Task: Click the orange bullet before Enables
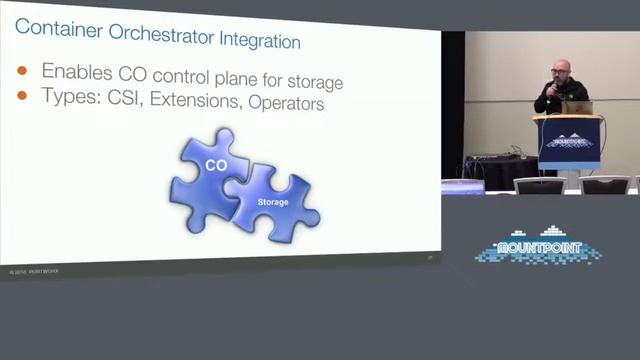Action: [x=22, y=71]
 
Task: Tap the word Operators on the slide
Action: [x=288, y=104]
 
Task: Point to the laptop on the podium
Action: [x=579, y=106]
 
